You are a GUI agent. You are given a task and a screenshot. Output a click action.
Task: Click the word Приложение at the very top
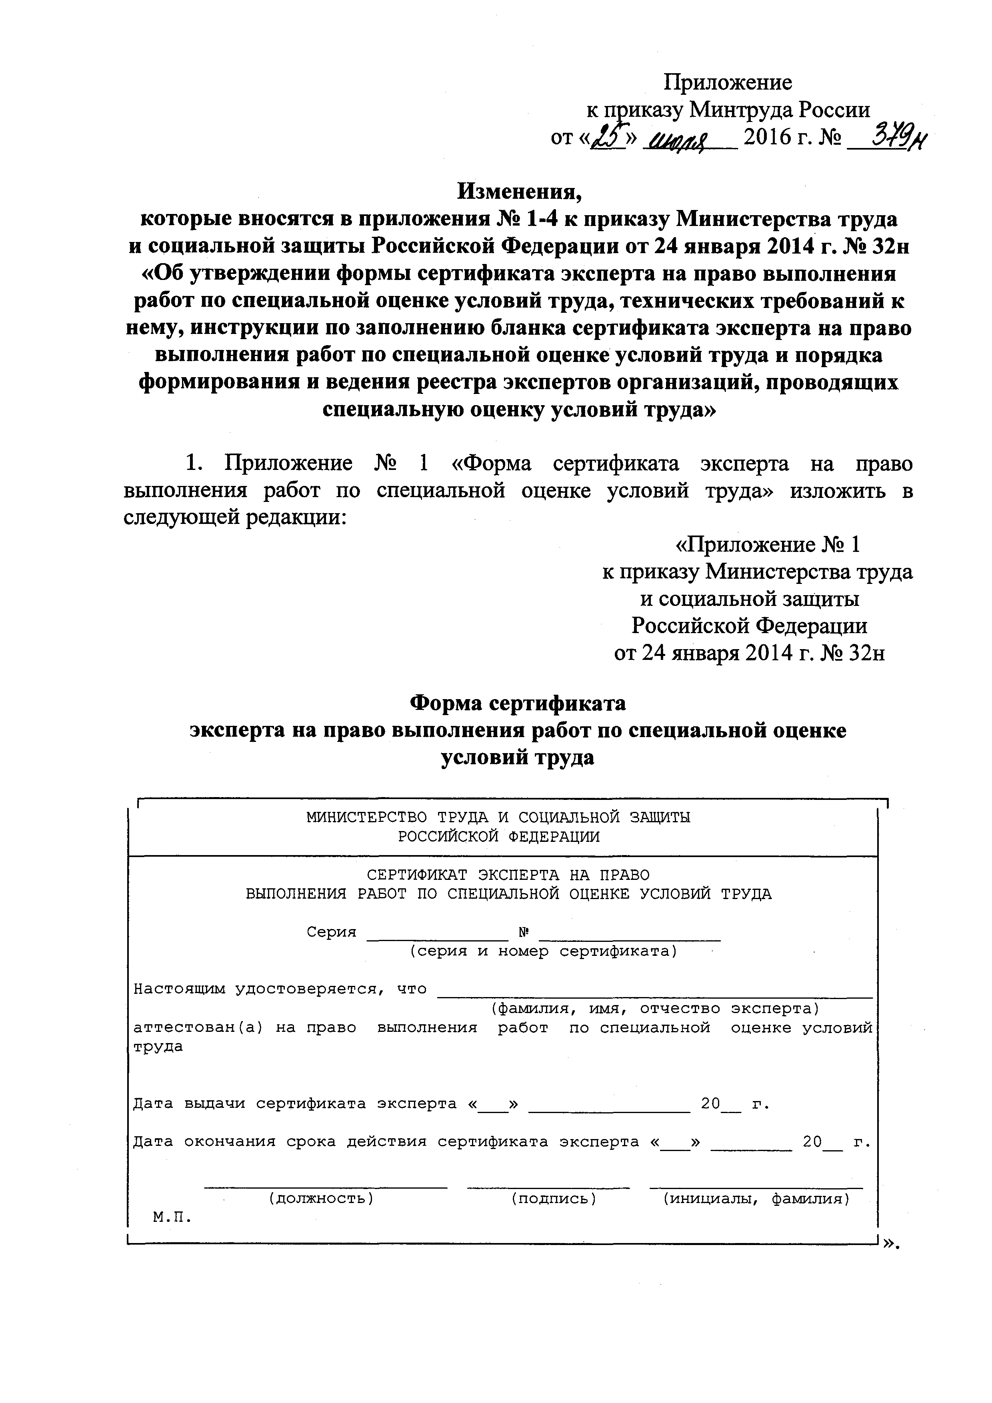pos(727,82)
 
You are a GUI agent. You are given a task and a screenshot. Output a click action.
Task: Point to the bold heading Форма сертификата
pos(517,703)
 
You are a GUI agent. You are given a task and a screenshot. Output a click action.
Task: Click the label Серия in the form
pos(331,932)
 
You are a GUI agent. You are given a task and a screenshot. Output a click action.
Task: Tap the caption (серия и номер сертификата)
pos(543,951)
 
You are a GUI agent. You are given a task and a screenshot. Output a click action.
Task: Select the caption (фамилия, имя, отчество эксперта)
pos(655,1008)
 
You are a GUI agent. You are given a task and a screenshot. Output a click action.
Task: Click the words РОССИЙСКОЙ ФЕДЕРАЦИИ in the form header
pos(499,837)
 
